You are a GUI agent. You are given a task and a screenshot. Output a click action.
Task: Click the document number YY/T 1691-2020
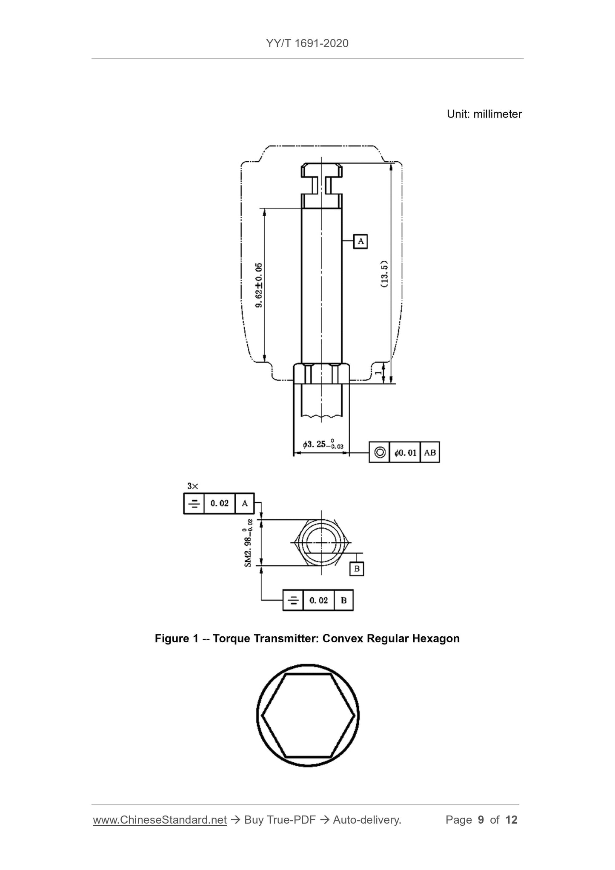(x=307, y=43)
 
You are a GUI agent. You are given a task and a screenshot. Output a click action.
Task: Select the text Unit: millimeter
(x=484, y=114)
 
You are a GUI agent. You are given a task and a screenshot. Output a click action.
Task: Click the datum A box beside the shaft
(x=360, y=241)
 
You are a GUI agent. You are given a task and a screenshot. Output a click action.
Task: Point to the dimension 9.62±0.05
(x=259, y=285)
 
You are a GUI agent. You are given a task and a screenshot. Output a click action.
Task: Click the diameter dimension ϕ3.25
(x=323, y=444)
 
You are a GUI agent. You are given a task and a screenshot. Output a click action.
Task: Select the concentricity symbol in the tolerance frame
(x=379, y=452)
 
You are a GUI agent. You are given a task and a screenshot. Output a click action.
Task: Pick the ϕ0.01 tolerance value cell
(x=405, y=452)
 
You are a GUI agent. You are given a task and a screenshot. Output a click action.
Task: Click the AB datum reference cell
(x=430, y=452)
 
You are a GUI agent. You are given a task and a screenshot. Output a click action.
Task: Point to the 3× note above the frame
(x=193, y=486)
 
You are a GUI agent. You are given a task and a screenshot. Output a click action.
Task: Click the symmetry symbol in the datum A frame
(x=194, y=504)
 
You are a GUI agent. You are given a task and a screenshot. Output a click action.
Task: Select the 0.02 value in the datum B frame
(x=318, y=600)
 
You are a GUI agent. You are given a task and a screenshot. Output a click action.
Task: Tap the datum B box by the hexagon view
(x=357, y=569)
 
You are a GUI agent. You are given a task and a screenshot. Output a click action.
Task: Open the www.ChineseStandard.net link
(x=160, y=820)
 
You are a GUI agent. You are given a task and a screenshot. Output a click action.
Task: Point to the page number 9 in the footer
(x=481, y=820)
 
